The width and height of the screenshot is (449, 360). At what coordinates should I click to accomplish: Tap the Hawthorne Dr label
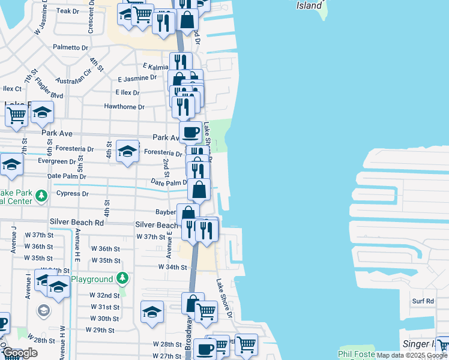click(x=125, y=107)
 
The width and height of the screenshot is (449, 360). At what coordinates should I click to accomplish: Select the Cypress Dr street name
click(x=72, y=194)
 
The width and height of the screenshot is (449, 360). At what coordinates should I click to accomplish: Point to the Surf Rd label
click(x=423, y=301)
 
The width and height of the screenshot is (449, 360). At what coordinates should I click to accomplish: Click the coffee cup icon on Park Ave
click(x=190, y=132)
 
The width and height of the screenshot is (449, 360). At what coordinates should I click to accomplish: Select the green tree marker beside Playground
click(x=122, y=278)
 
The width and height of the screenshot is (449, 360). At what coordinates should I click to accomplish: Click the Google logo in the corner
click(x=20, y=353)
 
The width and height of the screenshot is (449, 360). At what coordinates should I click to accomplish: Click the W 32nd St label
click(x=105, y=296)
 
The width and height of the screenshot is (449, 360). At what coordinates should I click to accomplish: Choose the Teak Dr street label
click(x=67, y=11)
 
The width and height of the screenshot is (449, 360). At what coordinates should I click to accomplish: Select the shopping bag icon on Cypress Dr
click(x=199, y=189)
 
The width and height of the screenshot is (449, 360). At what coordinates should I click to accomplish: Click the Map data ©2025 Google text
click(x=411, y=355)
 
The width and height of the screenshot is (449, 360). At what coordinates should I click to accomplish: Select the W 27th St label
click(x=167, y=356)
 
